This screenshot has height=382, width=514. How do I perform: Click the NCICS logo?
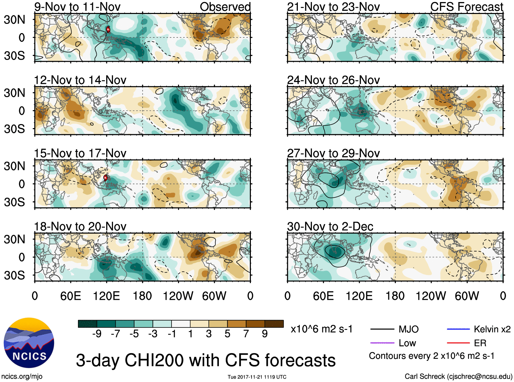point(29,342)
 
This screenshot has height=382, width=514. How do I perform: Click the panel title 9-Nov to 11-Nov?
point(77,7)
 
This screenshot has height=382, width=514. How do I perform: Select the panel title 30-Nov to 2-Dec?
point(330,227)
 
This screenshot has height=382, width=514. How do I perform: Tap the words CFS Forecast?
point(466,7)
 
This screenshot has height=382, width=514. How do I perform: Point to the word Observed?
point(225,7)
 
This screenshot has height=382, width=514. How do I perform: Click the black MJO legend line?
point(382,329)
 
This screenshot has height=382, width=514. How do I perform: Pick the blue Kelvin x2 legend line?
point(458,329)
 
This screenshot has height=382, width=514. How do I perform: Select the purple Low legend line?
point(382,343)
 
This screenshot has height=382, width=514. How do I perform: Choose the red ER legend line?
point(458,343)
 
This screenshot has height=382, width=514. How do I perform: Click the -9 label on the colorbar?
point(97,334)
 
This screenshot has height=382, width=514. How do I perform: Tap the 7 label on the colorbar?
point(246,334)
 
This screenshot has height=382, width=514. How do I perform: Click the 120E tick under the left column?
point(107,296)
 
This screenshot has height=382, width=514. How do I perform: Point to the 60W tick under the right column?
point(467,296)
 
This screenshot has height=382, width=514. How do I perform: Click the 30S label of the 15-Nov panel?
point(14,202)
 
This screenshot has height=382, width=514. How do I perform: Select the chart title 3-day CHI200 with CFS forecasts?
point(206,360)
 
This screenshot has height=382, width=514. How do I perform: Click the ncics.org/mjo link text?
point(22,377)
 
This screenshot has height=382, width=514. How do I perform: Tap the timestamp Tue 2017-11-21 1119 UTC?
point(257,377)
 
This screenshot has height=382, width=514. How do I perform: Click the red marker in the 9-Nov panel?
point(108,29)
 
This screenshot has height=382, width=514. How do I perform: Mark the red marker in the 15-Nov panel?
point(106,178)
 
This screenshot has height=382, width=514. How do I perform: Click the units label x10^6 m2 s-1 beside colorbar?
point(321,329)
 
